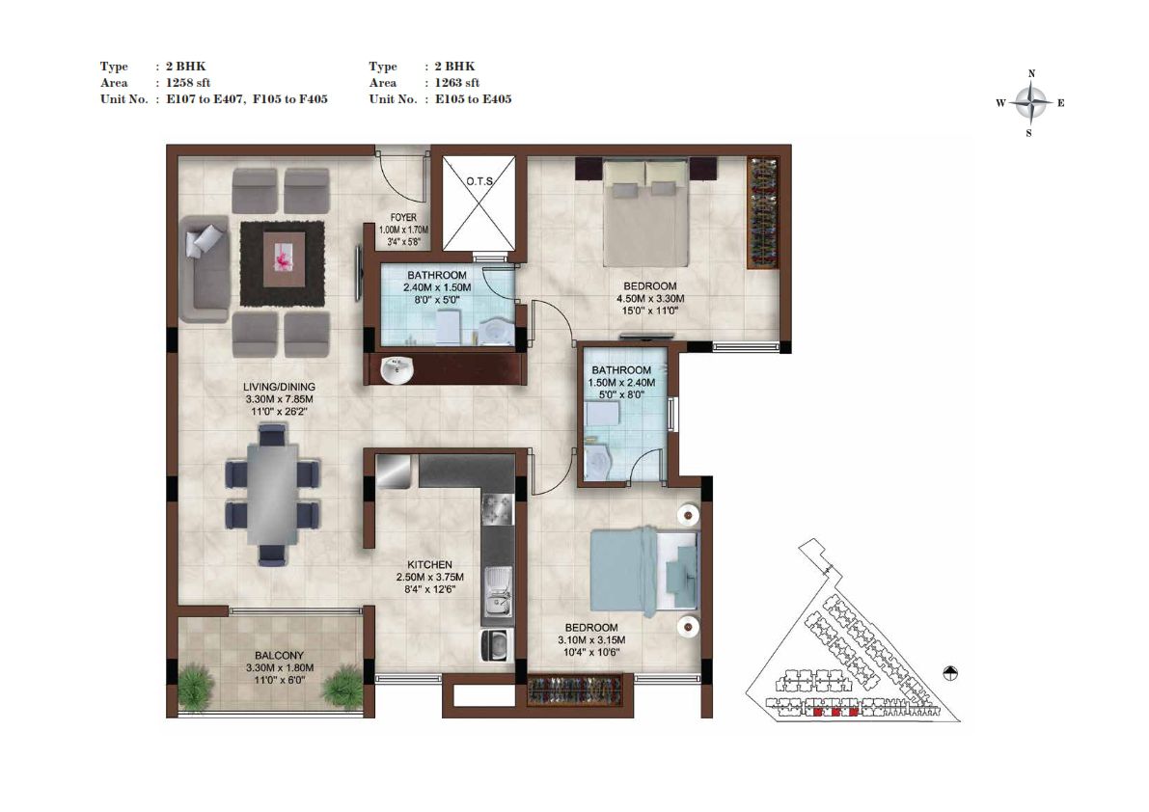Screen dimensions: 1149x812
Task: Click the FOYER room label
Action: pyautogui.click(x=403, y=217)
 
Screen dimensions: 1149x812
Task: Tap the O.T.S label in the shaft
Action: pyautogui.click(x=480, y=181)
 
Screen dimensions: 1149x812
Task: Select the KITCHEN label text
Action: pyautogui.click(x=429, y=564)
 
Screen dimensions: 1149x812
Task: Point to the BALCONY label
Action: pyautogui.click(x=279, y=656)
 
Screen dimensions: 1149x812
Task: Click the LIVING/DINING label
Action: pyautogui.click(x=279, y=387)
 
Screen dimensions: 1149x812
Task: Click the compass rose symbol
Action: pyautogui.click(x=1031, y=103)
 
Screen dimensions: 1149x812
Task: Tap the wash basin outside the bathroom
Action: pyautogui.click(x=397, y=369)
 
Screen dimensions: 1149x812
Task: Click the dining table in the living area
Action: pyautogui.click(x=272, y=494)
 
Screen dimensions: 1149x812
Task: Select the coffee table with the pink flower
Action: pyautogui.click(x=283, y=261)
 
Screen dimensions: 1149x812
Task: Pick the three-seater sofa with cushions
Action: pyautogui.click(x=205, y=269)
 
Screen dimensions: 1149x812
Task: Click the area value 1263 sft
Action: pyautogui.click(x=457, y=83)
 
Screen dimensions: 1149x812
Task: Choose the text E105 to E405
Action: pyautogui.click(x=474, y=98)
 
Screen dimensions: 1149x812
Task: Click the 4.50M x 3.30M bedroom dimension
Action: pyautogui.click(x=650, y=299)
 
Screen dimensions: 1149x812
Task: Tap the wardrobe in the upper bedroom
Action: pyautogui.click(x=762, y=213)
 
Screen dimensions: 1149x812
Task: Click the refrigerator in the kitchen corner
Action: pyautogui.click(x=394, y=471)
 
